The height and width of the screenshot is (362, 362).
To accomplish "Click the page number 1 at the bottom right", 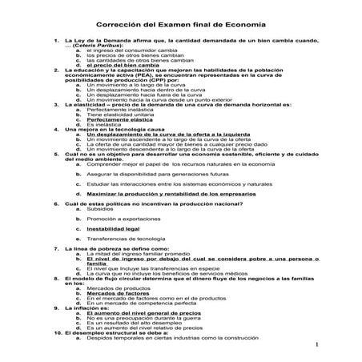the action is point(318,345).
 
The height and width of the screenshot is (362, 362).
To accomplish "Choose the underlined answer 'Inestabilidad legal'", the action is point(113,227).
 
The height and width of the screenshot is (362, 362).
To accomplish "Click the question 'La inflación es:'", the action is point(87,308).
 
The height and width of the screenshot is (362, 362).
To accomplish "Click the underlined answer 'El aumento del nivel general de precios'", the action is point(143,313).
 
